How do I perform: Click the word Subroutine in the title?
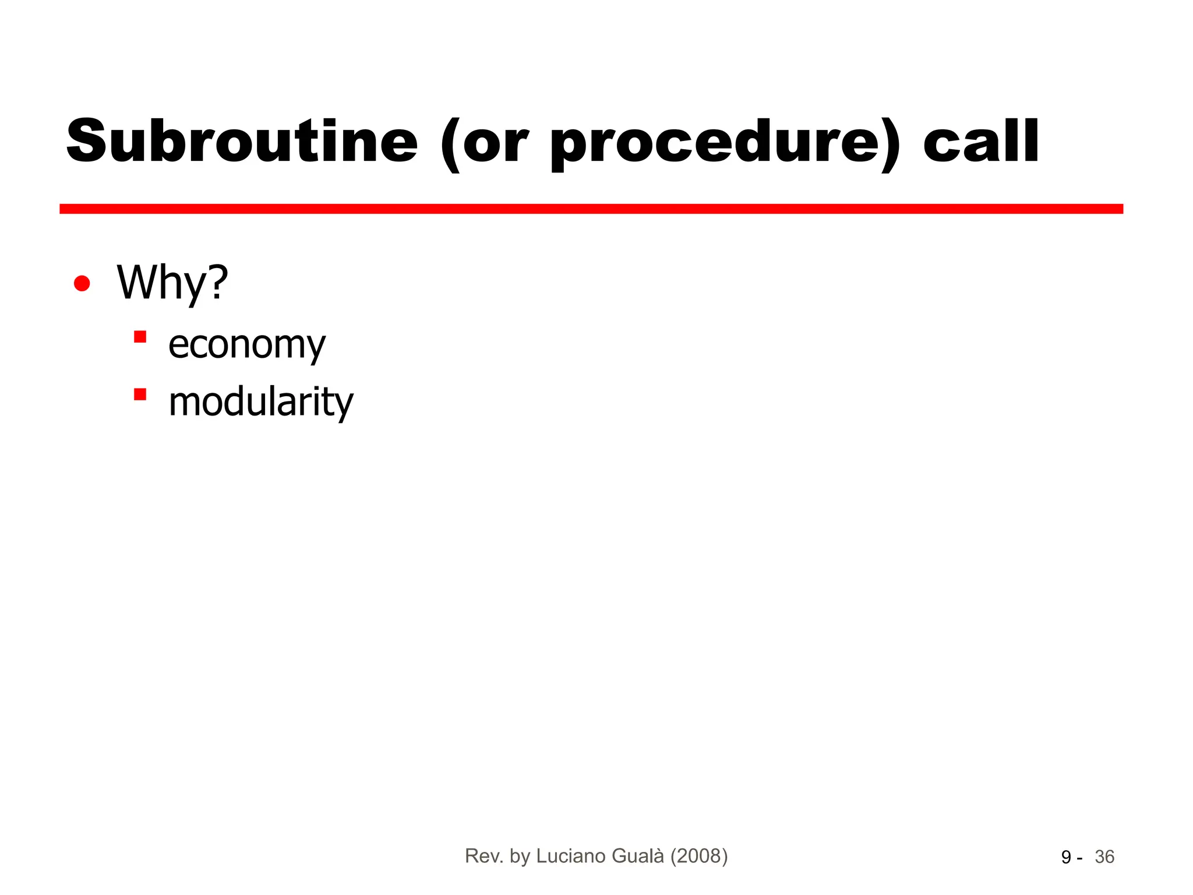(x=242, y=142)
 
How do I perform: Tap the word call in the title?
(x=981, y=142)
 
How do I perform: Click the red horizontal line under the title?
(x=591, y=209)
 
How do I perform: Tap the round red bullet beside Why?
(x=82, y=284)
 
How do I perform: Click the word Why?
(x=172, y=283)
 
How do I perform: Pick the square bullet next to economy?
(x=140, y=337)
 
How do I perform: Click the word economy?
(x=246, y=345)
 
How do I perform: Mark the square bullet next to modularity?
(x=140, y=394)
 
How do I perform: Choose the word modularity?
(x=260, y=402)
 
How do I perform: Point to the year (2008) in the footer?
(x=699, y=856)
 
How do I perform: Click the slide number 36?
(x=1104, y=857)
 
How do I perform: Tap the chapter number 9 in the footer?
(x=1066, y=857)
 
